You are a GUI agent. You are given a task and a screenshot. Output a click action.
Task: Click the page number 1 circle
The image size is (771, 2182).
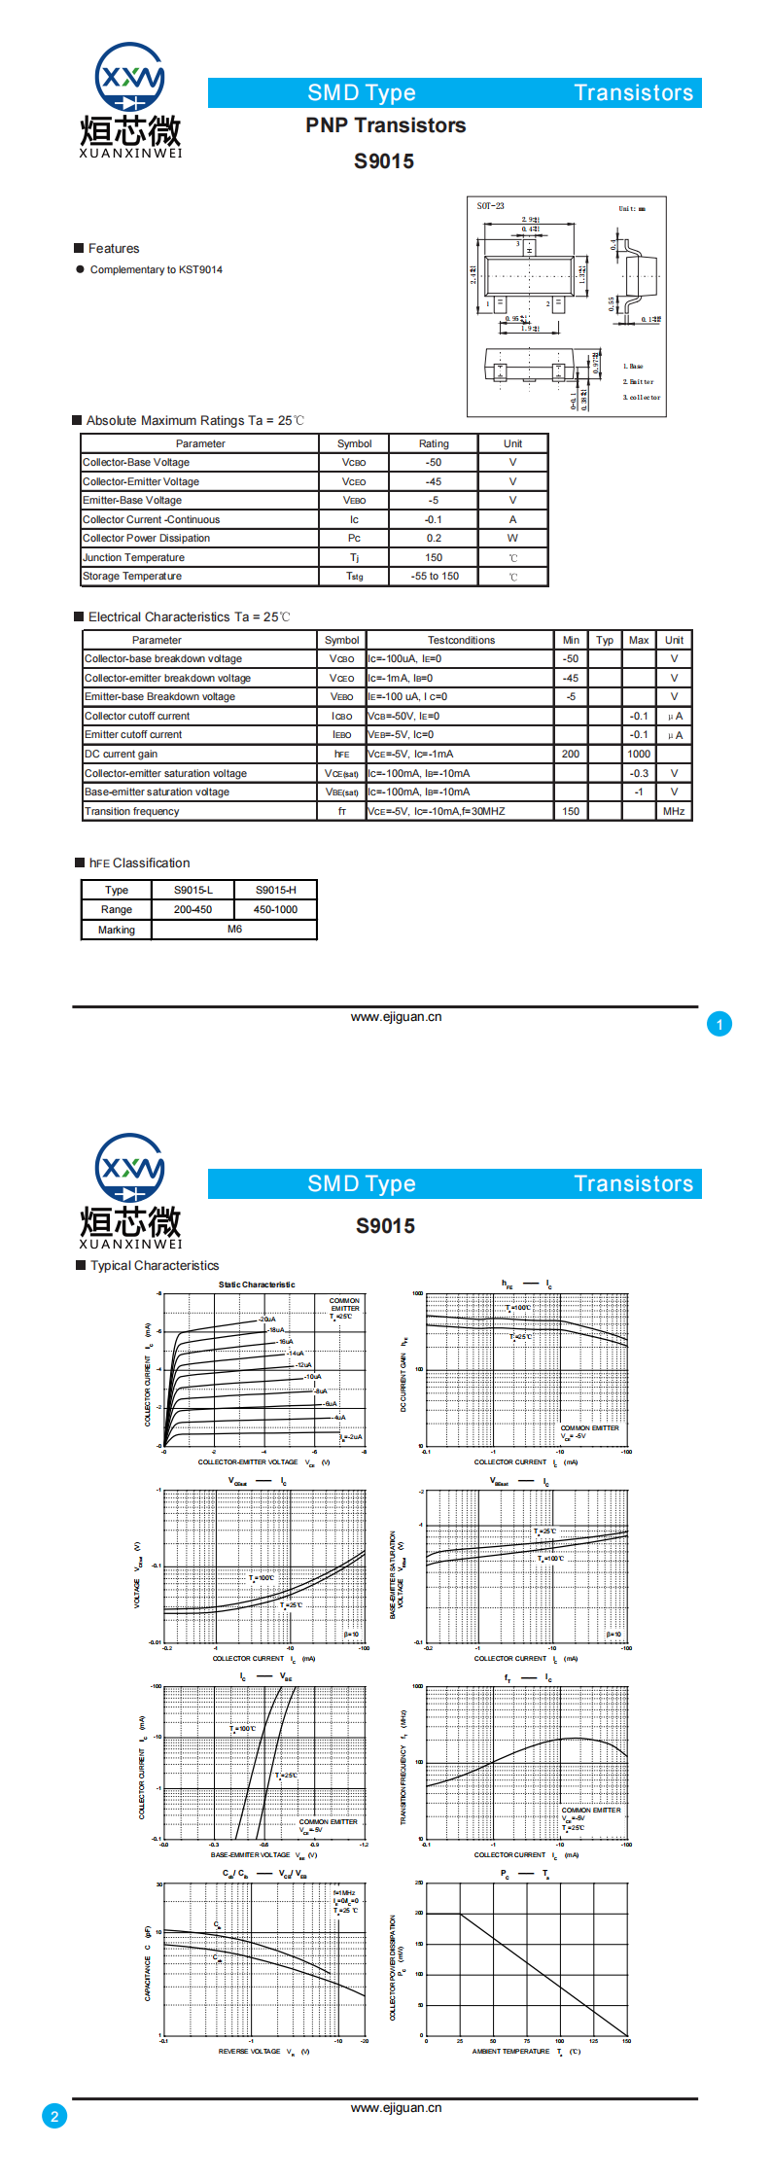(x=719, y=1024)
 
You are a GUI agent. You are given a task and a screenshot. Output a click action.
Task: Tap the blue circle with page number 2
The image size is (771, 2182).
(x=54, y=2116)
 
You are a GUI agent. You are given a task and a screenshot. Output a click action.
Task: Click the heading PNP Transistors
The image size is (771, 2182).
(x=385, y=125)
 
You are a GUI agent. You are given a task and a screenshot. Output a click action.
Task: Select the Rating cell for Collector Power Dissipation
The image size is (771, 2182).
(x=434, y=539)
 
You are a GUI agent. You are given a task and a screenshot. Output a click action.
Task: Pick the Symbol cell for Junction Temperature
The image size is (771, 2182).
(x=354, y=558)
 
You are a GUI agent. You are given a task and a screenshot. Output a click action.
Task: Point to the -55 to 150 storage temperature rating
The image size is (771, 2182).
(x=434, y=577)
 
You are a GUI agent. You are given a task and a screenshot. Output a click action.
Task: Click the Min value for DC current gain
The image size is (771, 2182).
(x=571, y=754)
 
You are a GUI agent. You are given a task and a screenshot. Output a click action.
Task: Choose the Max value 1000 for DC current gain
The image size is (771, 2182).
(x=639, y=754)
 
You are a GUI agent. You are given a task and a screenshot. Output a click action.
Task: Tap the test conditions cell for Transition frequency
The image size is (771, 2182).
(x=460, y=811)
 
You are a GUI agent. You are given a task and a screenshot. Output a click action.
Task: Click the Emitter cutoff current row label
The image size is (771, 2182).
(x=133, y=735)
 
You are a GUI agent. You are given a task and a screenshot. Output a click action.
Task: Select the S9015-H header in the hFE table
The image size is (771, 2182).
(x=276, y=890)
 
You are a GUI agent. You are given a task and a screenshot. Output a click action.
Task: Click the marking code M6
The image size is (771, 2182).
(x=235, y=930)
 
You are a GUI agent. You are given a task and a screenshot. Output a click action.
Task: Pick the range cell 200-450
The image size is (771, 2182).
(x=193, y=910)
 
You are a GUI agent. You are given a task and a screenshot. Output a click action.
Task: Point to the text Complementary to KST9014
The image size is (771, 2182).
(x=157, y=270)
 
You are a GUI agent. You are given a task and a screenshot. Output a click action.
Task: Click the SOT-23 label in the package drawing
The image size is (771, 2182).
(x=491, y=206)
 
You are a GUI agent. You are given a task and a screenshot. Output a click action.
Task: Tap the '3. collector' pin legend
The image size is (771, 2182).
(x=642, y=397)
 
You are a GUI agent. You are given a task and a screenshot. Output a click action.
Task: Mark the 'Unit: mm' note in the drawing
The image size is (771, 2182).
(x=632, y=208)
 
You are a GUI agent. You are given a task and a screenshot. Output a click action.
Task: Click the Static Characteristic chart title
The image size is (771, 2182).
(x=257, y=1285)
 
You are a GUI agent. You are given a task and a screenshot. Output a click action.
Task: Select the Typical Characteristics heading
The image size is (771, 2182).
(x=155, y=1266)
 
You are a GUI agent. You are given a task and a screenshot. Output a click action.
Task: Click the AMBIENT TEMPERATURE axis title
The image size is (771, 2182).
(x=511, y=2052)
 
